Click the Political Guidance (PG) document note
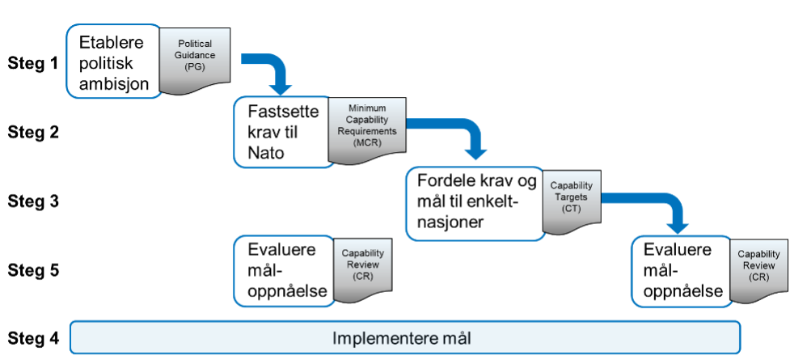click(195, 56)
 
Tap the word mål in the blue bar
click(453, 337)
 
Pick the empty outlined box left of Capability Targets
click(473, 204)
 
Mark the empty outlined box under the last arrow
click(679, 271)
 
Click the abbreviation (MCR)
click(366, 142)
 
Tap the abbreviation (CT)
click(571, 208)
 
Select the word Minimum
click(366, 108)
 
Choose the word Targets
click(571, 197)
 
